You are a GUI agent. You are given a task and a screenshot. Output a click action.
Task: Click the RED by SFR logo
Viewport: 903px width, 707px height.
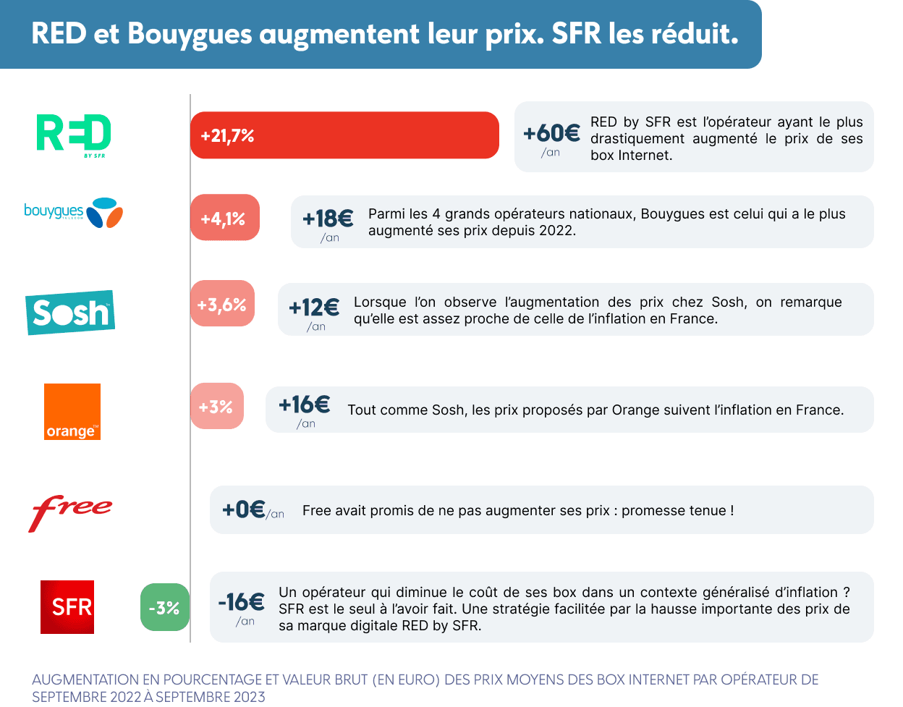(x=74, y=134)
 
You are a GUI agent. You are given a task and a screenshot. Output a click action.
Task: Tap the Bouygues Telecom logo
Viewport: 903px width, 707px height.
(x=73, y=212)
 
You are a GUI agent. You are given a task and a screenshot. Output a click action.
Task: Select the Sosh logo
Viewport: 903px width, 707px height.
(x=70, y=313)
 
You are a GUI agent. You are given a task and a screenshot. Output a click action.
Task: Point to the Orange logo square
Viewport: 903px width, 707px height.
(x=72, y=411)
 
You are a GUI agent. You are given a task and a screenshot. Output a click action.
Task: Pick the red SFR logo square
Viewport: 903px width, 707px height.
(x=67, y=606)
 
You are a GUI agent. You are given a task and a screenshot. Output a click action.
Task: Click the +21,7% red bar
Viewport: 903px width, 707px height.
(x=344, y=135)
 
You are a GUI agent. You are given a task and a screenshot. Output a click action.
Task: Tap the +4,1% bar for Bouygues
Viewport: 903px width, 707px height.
(x=224, y=218)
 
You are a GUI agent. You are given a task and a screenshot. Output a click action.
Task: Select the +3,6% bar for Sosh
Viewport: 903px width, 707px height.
(x=222, y=304)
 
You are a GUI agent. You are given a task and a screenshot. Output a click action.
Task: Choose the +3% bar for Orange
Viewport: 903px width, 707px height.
(x=216, y=407)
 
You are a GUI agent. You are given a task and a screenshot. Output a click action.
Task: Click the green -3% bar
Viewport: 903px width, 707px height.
(x=164, y=608)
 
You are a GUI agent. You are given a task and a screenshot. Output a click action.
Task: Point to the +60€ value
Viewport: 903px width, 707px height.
(x=551, y=133)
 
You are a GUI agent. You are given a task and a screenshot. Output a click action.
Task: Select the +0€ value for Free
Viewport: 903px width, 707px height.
(x=243, y=509)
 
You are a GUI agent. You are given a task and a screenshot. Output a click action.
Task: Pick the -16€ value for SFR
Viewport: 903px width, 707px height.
(x=242, y=602)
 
